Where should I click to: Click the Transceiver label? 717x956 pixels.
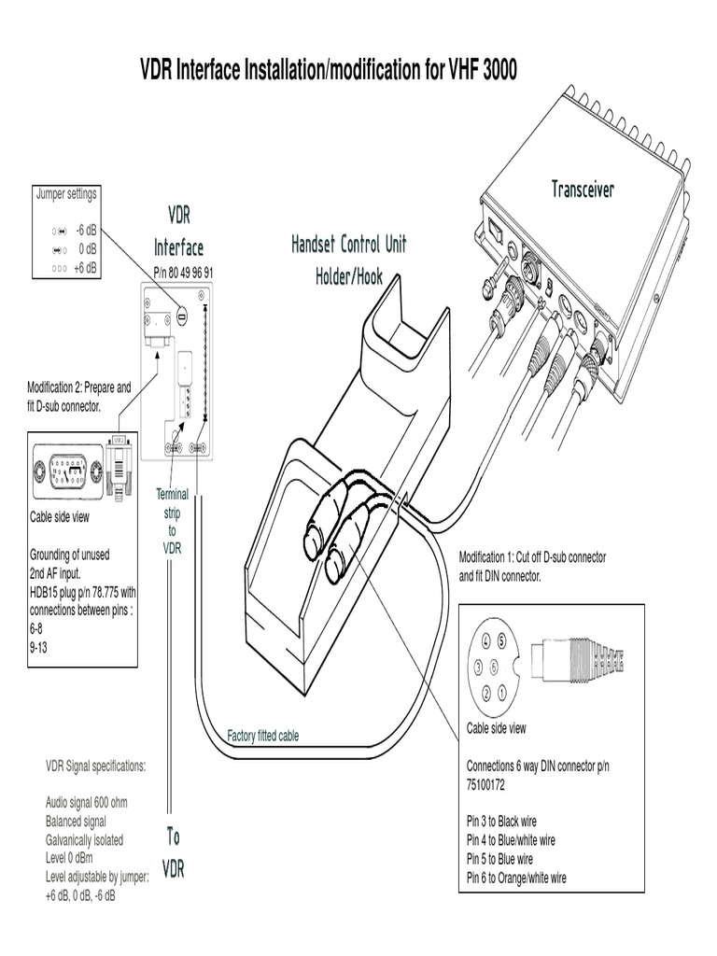click(x=583, y=190)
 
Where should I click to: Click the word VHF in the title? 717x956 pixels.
click(x=455, y=69)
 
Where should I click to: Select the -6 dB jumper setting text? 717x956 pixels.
click(x=87, y=229)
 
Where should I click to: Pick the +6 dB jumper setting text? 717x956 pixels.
click(x=86, y=266)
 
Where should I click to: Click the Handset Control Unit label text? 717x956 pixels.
click(x=348, y=245)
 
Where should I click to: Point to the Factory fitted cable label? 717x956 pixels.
click(x=263, y=736)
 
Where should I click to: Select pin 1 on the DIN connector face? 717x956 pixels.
click(x=501, y=692)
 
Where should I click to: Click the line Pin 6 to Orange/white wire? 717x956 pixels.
click(x=515, y=877)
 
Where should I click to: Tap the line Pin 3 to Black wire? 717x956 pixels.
click(x=505, y=821)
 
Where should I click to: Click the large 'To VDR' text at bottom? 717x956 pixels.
click(x=174, y=851)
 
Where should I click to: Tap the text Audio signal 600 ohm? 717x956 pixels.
click(x=91, y=802)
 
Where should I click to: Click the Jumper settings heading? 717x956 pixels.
click(x=66, y=194)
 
